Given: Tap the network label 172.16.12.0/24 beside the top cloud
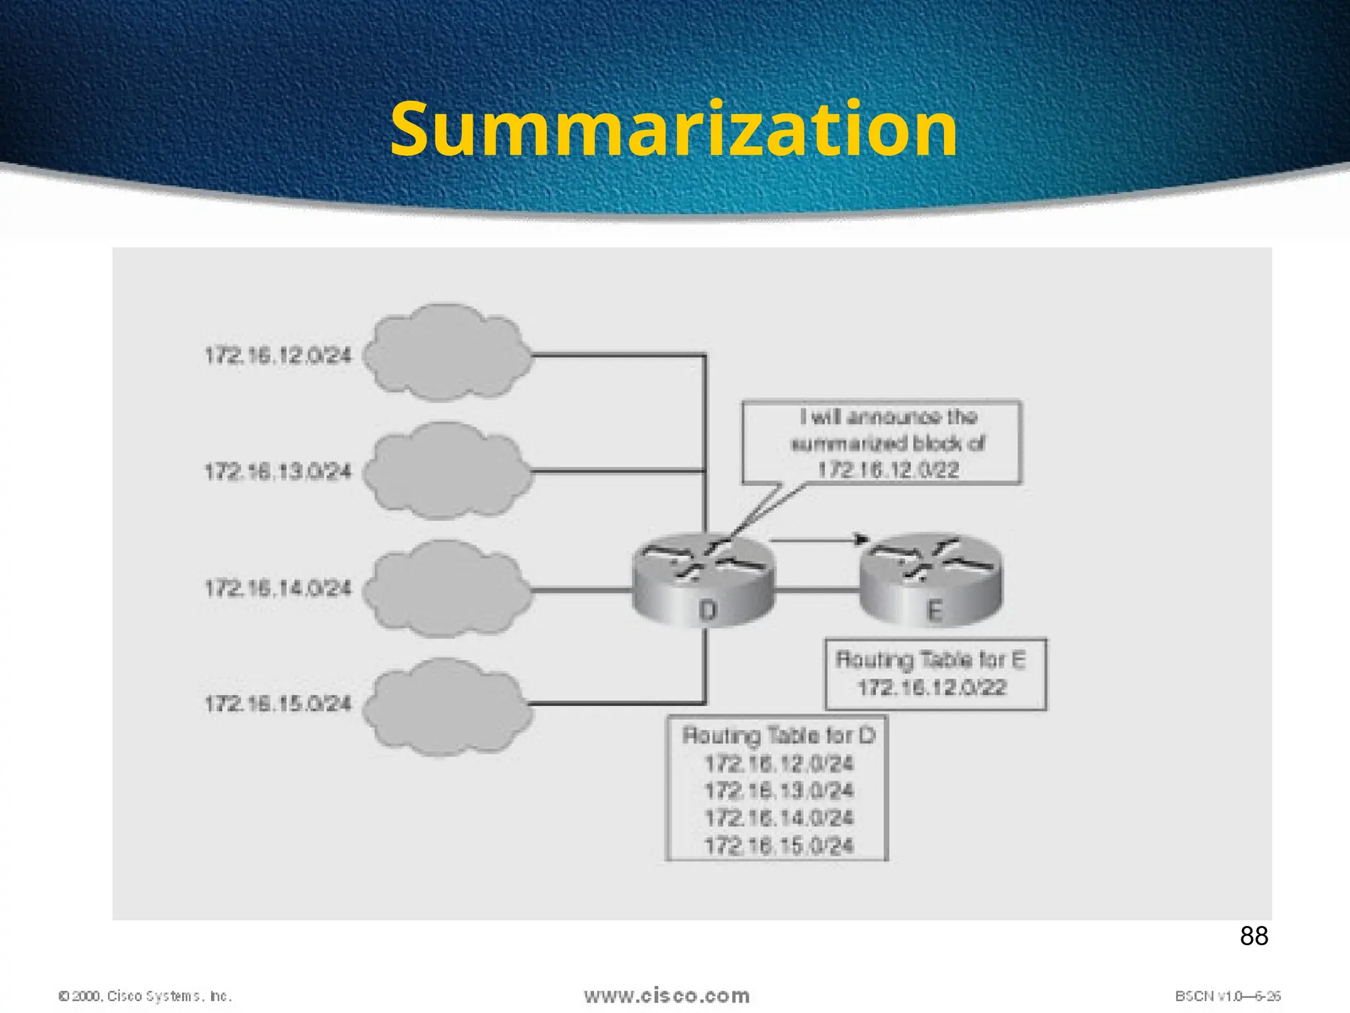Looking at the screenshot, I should pyautogui.click(x=278, y=356).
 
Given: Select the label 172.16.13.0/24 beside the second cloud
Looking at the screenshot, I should pyautogui.click(x=278, y=472).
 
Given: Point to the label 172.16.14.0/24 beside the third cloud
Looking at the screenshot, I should pyautogui.click(x=278, y=588).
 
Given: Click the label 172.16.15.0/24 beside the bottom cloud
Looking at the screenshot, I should pyautogui.click(x=278, y=704).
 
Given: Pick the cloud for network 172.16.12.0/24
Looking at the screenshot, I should pyautogui.click(x=447, y=353).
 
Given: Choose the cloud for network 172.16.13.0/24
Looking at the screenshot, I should pyautogui.click(x=447, y=471).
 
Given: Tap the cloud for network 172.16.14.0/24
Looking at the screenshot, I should pyautogui.click(x=447, y=588).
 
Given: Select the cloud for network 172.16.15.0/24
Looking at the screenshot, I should pyautogui.click(x=447, y=706).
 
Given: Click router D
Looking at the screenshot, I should pyautogui.click(x=704, y=580).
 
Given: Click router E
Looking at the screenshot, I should pyautogui.click(x=931, y=580).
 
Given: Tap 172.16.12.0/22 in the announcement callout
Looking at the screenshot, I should pyautogui.click(x=888, y=470).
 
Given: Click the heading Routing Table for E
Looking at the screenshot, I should pyautogui.click(x=931, y=660).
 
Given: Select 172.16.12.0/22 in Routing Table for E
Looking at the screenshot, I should pyautogui.click(x=932, y=688).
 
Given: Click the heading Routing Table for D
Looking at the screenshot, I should pyautogui.click(x=778, y=735).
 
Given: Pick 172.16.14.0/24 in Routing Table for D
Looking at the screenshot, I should pyautogui.click(x=779, y=818).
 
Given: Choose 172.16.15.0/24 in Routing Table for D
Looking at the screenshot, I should pyautogui.click(x=779, y=845).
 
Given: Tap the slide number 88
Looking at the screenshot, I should pyautogui.click(x=1254, y=936).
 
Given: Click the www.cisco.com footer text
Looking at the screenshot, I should pyautogui.click(x=666, y=996).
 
